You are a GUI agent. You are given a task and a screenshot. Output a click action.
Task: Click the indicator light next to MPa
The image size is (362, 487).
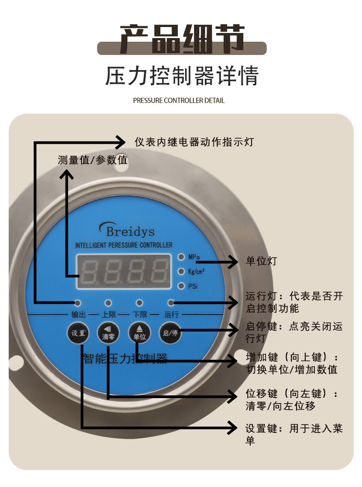pyautogui.click(x=181, y=257)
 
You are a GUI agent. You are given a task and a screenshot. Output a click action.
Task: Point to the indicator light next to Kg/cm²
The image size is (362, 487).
pyautogui.click(x=181, y=271)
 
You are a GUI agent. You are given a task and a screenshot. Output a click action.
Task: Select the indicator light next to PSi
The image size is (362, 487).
pyautogui.click(x=181, y=286)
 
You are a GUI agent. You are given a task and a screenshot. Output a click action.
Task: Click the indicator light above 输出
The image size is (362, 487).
pyautogui.click(x=78, y=303)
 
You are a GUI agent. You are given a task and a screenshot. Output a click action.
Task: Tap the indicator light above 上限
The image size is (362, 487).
pyautogui.click(x=109, y=303)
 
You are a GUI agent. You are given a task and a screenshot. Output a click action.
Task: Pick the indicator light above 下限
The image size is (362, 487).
pyautogui.click(x=140, y=303)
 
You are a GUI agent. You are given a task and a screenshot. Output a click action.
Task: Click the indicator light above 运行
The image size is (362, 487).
pyautogui.click(x=171, y=303)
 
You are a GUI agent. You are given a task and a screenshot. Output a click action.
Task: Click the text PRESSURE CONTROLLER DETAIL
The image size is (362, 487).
pyautogui.click(x=179, y=100)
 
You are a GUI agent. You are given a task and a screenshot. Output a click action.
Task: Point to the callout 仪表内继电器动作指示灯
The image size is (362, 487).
pyautogui.click(x=194, y=142)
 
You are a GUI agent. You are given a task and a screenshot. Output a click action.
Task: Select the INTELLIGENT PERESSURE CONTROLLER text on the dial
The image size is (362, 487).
pyautogui.click(x=124, y=246)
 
